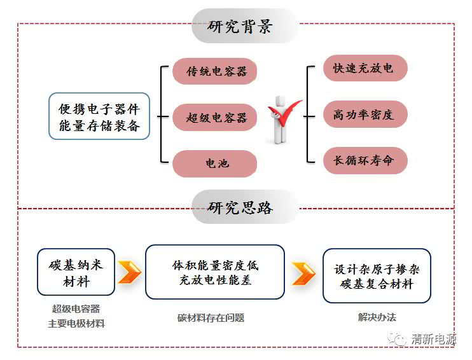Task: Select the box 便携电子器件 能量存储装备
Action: pos(99,116)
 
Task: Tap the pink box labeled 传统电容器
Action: pos(215,71)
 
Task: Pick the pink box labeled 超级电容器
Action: pos(215,118)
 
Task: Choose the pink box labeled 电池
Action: pos(215,163)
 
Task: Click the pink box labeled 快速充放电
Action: pos(364,68)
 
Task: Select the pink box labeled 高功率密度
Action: pos(364,114)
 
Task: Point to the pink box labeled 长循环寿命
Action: pos(364,160)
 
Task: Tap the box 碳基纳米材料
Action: pos(76,272)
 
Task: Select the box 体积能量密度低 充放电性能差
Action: pos(215,272)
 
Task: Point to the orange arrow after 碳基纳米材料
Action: pos(130,272)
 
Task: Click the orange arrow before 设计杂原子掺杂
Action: pos(303,273)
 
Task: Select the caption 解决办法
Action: pos(377,317)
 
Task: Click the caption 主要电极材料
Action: pos(76,324)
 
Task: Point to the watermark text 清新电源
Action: pos(433,339)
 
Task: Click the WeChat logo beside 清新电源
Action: pos(399,339)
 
